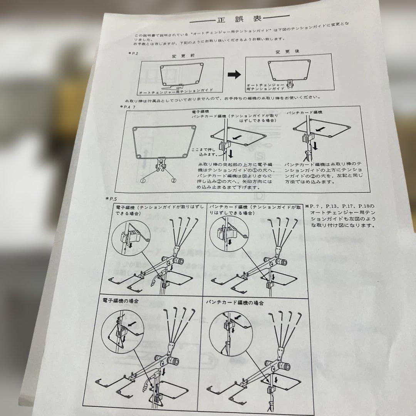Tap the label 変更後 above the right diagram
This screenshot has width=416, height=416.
click(x=282, y=52)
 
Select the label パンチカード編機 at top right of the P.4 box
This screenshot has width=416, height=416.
click(x=304, y=112)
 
